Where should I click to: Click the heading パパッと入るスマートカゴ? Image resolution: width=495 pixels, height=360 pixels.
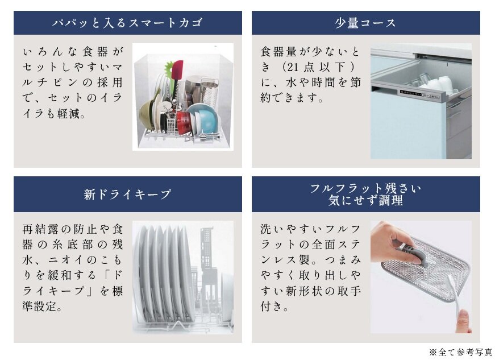coord(127,23)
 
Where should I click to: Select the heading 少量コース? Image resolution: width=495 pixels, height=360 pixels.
coord(365,23)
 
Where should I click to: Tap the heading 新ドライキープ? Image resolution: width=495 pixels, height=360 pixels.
coord(127,195)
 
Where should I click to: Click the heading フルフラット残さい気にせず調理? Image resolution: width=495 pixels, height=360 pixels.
coord(365,194)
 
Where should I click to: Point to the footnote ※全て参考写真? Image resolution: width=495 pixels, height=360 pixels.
coord(460,352)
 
